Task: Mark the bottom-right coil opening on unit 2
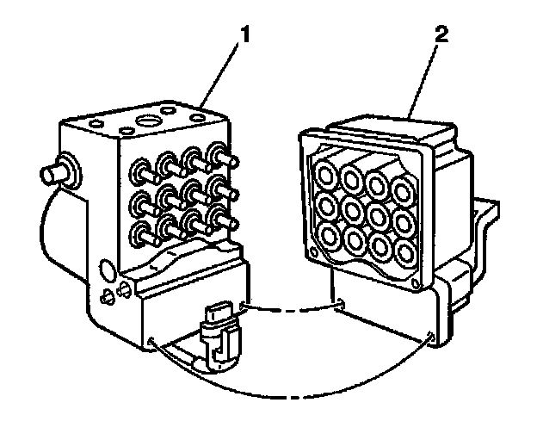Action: click(404, 250)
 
